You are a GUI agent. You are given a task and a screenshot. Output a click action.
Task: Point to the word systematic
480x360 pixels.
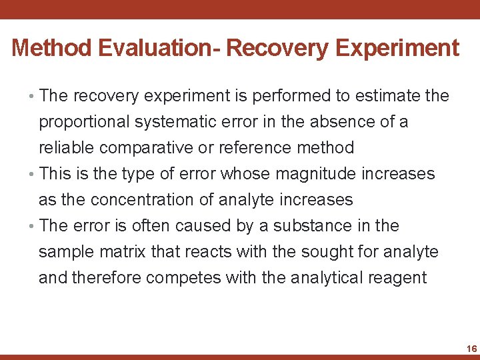tap(181, 122)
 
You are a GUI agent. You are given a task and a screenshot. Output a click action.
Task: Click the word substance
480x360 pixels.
tap(299, 226)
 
